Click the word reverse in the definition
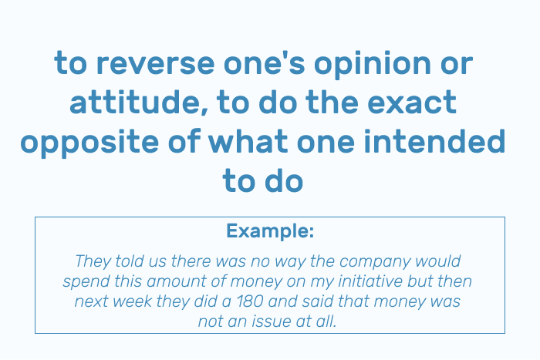(155, 64)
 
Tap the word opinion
(373, 64)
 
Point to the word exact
(412, 103)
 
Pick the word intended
(434, 141)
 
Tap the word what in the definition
(248, 141)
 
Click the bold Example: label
(270, 231)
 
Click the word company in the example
(375, 262)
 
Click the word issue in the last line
(272, 321)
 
